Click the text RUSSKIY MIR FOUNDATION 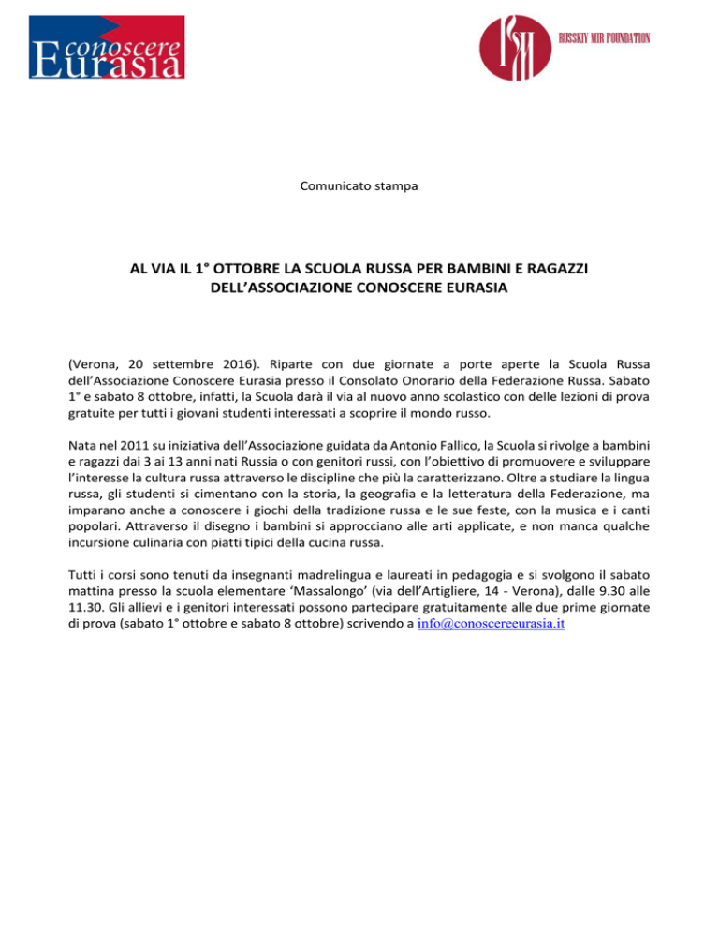point(604,37)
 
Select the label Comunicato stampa point(359,186)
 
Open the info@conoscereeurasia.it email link point(486,628)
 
